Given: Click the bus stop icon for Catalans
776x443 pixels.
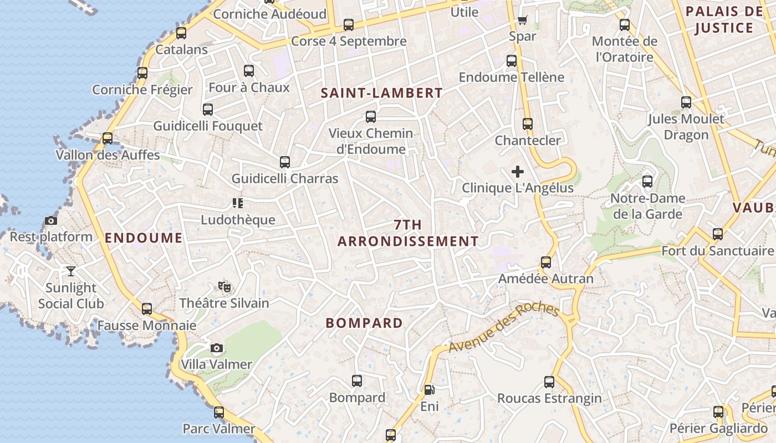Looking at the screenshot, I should (x=181, y=33).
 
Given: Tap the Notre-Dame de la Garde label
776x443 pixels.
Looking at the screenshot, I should (x=647, y=206).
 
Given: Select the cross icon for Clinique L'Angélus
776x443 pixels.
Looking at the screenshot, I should (x=518, y=172).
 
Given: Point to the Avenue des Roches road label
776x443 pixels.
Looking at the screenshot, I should (x=503, y=327).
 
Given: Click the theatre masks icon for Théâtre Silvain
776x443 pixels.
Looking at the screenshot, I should (x=224, y=287).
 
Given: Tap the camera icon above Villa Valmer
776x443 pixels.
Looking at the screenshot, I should (x=217, y=348).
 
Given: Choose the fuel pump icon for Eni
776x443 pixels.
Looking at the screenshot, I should (x=429, y=390).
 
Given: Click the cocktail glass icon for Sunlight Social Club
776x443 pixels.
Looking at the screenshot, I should (x=71, y=271).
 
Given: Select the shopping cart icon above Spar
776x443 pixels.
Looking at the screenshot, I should (x=522, y=20).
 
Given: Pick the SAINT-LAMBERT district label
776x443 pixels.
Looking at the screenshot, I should (x=382, y=93).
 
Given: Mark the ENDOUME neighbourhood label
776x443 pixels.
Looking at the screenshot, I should (x=144, y=238).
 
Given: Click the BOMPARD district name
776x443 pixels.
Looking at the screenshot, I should (x=364, y=323).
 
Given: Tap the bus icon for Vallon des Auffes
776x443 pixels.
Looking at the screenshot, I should (x=108, y=138).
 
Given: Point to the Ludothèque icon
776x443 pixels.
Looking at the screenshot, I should (x=238, y=203).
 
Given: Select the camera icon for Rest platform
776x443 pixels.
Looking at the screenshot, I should (x=51, y=221).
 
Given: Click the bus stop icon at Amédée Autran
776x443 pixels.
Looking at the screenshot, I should (x=546, y=262).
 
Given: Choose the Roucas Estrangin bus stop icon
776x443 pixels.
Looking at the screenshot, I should (x=549, y=382).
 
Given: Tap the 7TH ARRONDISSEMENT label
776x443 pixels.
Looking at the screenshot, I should (x=408, y=233).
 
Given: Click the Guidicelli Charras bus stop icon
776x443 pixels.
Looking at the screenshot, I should (x=285, y=162).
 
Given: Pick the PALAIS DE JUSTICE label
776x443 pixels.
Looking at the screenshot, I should (x=724, y=20).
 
